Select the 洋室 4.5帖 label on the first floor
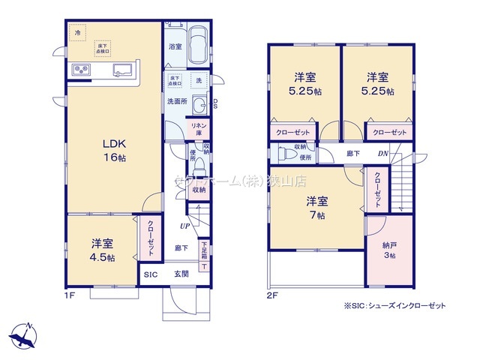pyautogui.click(x=103, y=250)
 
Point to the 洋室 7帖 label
pyautogui.click(x=316, y=208)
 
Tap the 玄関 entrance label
pyautogui.click(x=182, y=274)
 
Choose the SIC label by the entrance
pyautogui.click(x=151, y=274)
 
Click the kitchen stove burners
pyautogui.click(x=80, y=70)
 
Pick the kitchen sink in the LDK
pyautogui.click(x=122, y=71)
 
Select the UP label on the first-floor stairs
pyautogui.click(x=184, y=226)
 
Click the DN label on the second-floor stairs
pyautogui.click(x=382, y=154)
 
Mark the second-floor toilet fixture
pyautogui.click(x=286, y=154)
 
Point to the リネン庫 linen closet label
pyautogui.click(x=199, y=129)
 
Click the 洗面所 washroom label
pyautogui.click(x=177, y=100)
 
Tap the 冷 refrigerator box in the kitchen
pyautogui.click(x=76, y=32)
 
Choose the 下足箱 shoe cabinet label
pyautogui.click(x=204, y=250)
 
